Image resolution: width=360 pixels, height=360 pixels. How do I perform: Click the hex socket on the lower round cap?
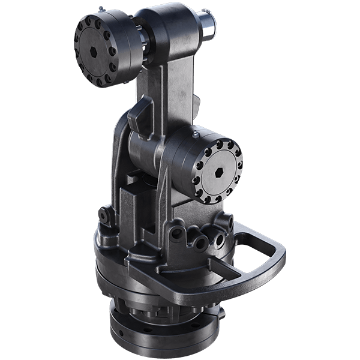220,173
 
